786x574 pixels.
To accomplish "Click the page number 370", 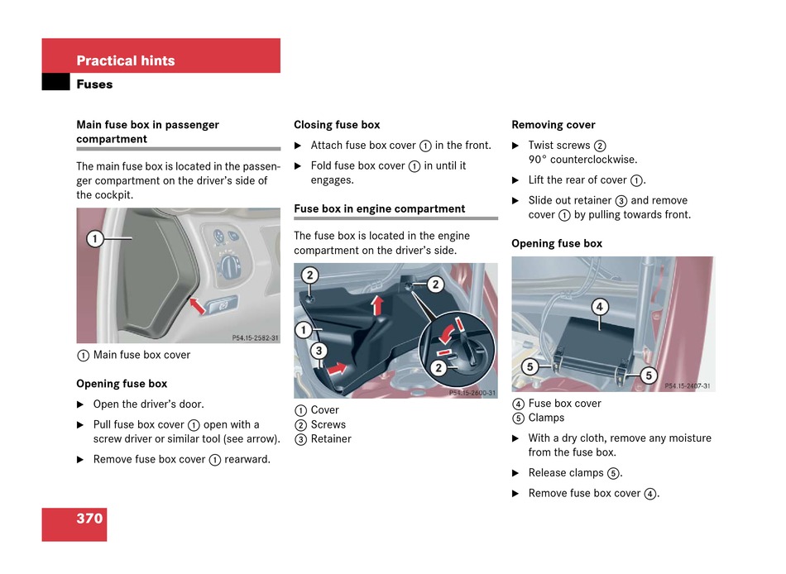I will tap(89, 519).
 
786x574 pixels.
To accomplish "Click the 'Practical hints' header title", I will tap(126, 60).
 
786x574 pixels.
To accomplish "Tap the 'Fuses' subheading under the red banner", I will tap(94, 84).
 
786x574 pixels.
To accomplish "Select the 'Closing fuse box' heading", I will tap(337, 125).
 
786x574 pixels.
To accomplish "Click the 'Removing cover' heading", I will tap(554, 125).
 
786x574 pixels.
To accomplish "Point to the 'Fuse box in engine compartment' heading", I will tap(380, 209).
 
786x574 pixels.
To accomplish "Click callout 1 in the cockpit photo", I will tap(95, 239).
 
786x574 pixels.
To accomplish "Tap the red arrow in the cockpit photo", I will tap(197, 305).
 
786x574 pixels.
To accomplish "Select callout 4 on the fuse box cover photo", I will tap(600, 308).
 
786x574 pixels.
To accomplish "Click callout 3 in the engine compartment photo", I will tap(319, 351).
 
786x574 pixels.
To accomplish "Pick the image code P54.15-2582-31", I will tap(255, 337).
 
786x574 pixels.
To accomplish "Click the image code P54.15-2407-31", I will tap(687, 386).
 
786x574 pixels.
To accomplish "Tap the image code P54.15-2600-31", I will tap(472, 393).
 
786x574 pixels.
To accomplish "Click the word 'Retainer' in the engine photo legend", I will tap(331, 439).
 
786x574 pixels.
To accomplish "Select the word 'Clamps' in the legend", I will tap(546, 418).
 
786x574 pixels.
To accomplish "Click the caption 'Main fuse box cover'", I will tap(141, 355).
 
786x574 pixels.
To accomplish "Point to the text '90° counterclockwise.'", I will tap(582, 160).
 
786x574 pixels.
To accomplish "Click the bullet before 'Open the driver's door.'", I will tap(80, 404).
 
